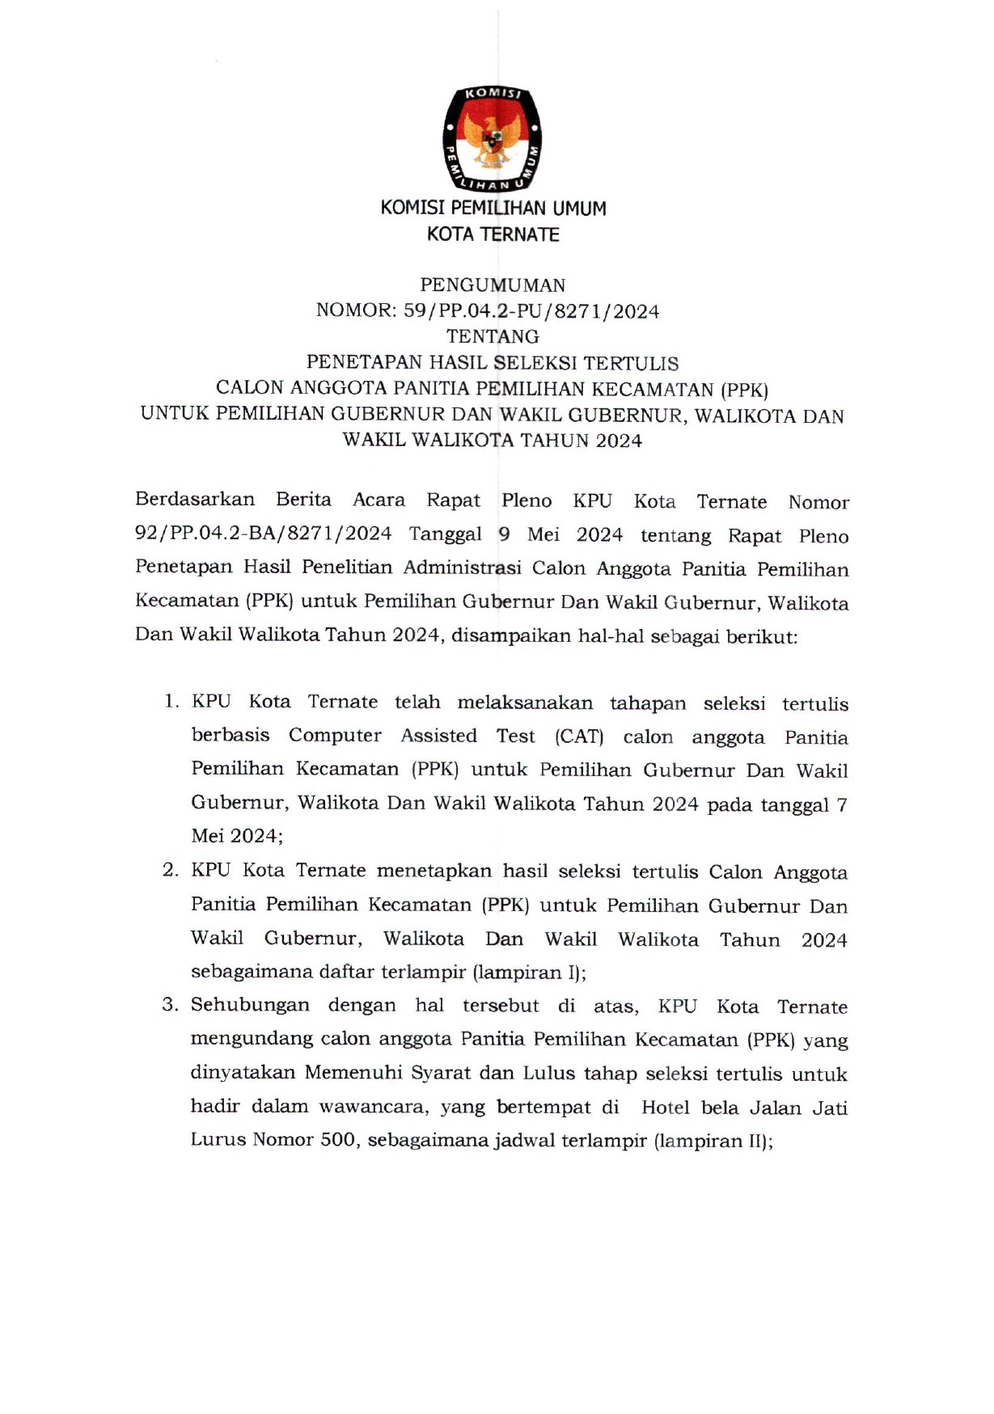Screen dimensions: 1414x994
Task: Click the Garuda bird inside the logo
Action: [x=492, y=139]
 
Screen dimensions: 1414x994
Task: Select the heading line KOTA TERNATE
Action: [x=493, y=234]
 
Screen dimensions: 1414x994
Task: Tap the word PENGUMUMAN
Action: [x=493, y=285]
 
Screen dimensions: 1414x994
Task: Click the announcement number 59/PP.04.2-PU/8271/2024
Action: [x=531, y=311]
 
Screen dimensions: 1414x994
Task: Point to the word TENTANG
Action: [x=493, y=336]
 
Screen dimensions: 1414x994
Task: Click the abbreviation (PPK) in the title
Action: [x=744, y=390]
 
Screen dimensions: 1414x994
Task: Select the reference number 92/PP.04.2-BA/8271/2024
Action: [x=264, y=534]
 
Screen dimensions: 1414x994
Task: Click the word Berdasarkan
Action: [x=195, y=500]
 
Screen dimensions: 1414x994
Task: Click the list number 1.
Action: [x=171, y=701]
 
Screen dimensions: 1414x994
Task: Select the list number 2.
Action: [x=170, y=870]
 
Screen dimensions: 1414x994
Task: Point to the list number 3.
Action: [x=170, y=1005]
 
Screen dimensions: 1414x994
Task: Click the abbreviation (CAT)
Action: [x=579, y=737]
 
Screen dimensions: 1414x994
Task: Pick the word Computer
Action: [x=335, y=736]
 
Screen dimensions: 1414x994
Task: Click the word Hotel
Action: [x=665, y=1108]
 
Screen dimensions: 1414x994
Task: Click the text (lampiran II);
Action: [x=713, y=1141]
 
